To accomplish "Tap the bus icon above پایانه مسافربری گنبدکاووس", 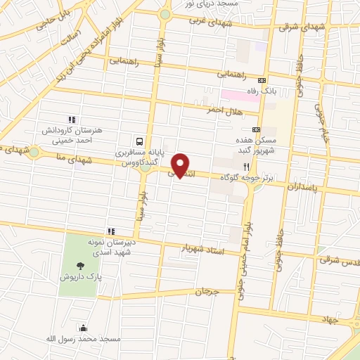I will pos(140,140).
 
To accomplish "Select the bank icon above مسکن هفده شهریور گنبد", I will pos(256,129).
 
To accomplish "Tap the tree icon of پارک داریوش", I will pos(80,266).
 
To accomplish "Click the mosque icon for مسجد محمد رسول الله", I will pos(84,328).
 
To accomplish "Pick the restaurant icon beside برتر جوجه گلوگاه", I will pos(246,167).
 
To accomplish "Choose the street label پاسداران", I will pos(303,188).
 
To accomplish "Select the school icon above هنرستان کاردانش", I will pos(70,120).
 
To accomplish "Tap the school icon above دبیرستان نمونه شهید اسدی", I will pos(110,231).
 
